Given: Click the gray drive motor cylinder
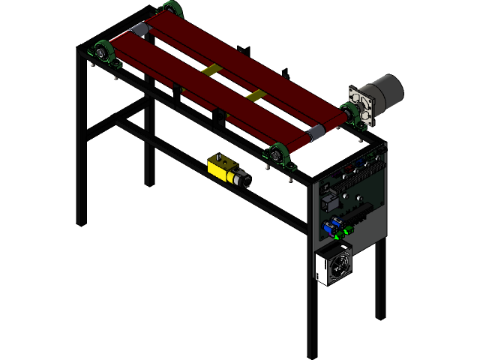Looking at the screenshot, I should pyautogui.click(x=387, y=91).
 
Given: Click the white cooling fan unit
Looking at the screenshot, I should pyautogui.click(x=331, y=266).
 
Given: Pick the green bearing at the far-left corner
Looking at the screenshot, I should pyautogui.click(x=100, y=52).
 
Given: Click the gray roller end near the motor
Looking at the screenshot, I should pyautogui.click(x=317, y=133).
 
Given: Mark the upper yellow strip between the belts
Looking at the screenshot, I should pyautogui.click(x=211, y=70).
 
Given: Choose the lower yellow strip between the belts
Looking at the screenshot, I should pyautogui.click(x=256, y=95).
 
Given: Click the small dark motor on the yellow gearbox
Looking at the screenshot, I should pyautogui.click(x=242, y=180).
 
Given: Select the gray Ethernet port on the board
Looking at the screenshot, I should pyautogui.click(x=330, y=202).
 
